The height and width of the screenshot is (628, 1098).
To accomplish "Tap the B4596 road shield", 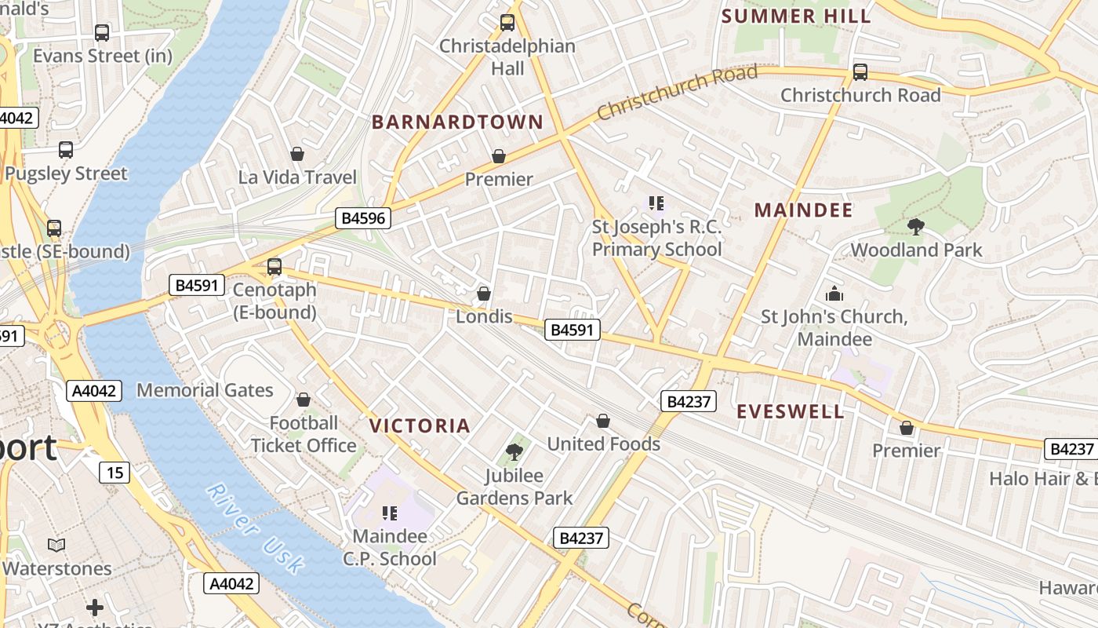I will [x=364, y=217].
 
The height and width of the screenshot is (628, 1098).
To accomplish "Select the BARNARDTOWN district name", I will [x=457, y=122].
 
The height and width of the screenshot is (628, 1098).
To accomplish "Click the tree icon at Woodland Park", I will [x=915, y=228].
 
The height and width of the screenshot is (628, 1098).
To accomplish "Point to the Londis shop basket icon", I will [x=484, y=294].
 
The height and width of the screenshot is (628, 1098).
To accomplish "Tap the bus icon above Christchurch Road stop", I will [x=860, y=72].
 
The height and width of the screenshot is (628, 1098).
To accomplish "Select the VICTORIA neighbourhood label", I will [x=420, y=425].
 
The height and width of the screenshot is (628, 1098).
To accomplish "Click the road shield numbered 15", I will [x=114, y=473].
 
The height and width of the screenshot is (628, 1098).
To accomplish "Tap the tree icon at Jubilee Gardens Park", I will [x=514, y=452].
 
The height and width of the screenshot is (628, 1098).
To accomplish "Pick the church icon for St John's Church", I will [x=834, y=294].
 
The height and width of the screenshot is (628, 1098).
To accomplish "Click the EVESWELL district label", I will [x=791, y=411].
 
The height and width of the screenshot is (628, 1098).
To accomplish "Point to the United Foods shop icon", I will [x=603, y=422].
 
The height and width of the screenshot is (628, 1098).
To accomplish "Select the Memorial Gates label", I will [x=205, y=390].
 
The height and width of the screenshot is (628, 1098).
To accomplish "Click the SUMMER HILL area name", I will [x=795, y=16].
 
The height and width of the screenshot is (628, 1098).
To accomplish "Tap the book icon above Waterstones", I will [x=56, y=545].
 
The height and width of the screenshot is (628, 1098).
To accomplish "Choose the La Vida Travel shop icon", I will [x=296, y=154].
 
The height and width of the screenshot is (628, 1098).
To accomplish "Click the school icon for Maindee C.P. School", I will [x=390, y=513].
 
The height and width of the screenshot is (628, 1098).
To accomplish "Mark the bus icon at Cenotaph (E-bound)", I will [x=274, y=266].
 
